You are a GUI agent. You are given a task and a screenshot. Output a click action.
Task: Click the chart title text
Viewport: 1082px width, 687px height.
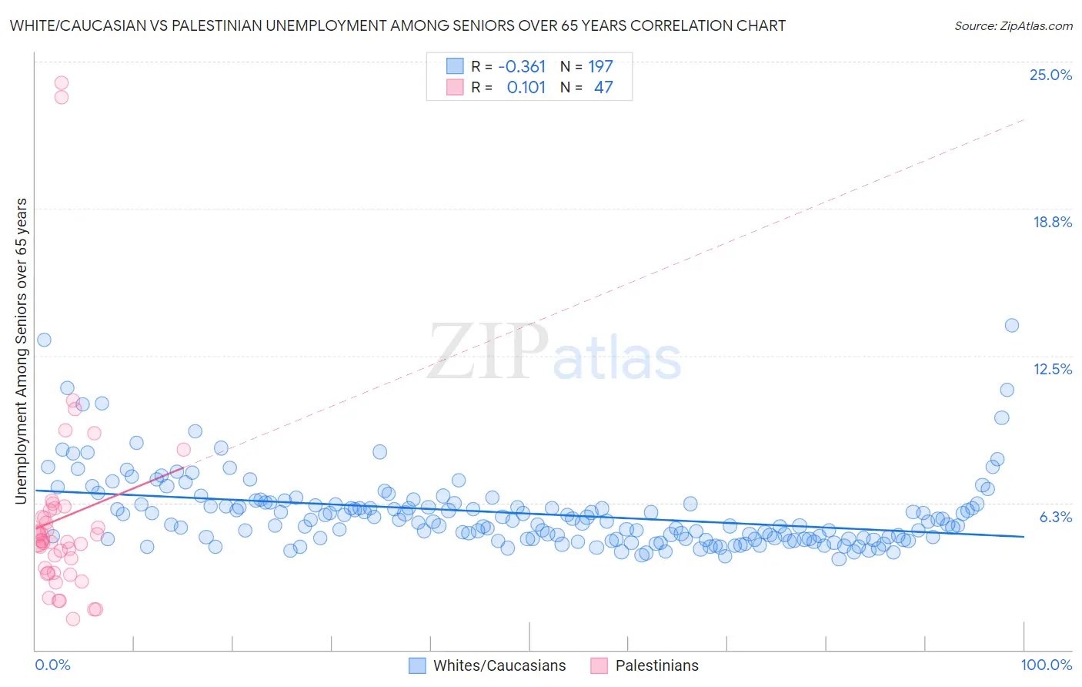point(397,25)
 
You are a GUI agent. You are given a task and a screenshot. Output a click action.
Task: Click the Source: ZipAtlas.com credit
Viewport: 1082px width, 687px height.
point(1013,25)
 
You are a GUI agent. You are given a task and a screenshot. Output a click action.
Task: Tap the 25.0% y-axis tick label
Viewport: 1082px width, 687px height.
point(1050,75)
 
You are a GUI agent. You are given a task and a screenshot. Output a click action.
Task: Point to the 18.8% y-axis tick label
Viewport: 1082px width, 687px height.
point(1051,222)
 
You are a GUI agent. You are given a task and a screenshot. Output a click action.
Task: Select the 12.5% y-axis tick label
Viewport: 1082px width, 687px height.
point(1052,369)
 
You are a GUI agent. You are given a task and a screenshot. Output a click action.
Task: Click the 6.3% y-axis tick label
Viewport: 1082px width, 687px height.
point(1055,517)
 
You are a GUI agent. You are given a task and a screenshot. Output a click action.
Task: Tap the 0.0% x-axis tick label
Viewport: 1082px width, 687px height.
point(52,665)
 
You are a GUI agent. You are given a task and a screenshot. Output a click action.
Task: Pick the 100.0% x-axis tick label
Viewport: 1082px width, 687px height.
point(1046,665)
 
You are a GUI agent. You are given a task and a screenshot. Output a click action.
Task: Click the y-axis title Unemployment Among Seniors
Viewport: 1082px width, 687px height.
point(21,351)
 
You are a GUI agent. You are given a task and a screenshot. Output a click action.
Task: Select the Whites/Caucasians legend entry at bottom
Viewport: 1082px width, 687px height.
point(499,665)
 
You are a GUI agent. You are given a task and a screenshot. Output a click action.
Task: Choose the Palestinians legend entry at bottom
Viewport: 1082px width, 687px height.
point(656,665)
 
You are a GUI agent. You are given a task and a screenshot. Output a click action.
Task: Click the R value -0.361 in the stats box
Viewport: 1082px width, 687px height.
point(522,66)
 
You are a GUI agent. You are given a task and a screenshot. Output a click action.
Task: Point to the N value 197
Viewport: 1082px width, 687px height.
point(600,66)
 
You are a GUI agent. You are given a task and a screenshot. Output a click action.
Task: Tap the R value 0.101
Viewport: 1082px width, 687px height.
point(526,87)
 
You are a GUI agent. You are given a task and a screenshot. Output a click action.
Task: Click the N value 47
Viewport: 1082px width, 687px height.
point(603,87)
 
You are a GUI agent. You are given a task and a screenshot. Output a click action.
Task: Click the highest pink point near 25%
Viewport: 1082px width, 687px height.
point(62,82)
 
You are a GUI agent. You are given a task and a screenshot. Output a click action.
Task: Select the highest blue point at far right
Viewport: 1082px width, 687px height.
point(1012,325)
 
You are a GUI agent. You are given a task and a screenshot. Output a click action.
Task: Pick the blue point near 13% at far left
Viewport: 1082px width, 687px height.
point(44,340)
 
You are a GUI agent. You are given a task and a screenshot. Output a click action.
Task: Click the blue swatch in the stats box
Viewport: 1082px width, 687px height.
point(455,66)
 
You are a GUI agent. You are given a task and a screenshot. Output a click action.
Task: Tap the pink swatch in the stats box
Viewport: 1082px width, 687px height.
point(455,87)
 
